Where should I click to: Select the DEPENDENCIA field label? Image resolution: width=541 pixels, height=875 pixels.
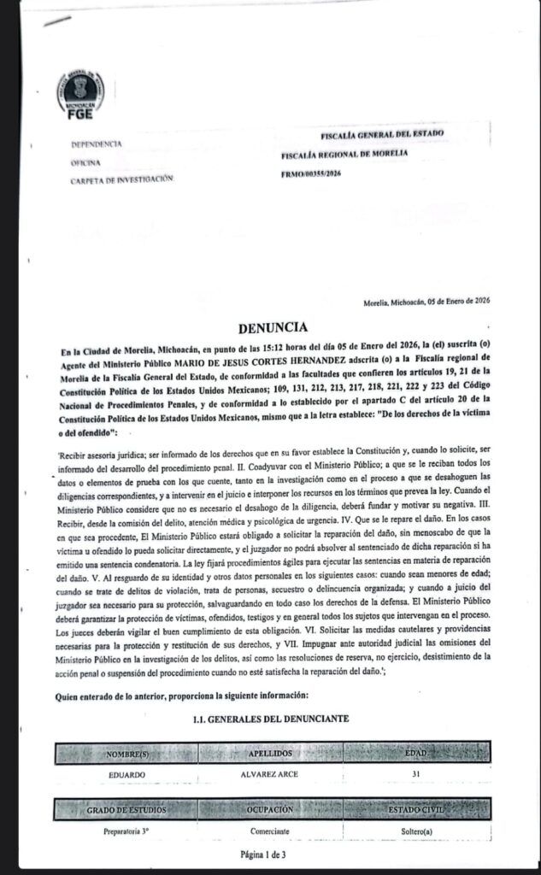(97, 144)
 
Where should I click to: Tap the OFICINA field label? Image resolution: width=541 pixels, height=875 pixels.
(86, 161)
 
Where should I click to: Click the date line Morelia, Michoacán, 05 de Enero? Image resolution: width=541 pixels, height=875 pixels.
(426, 301)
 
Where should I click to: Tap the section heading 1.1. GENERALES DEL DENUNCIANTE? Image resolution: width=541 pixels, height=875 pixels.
(270, 719)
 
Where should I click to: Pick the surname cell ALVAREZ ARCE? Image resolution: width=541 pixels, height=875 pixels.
(271, 773)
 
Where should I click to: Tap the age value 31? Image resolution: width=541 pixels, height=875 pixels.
(415, 773)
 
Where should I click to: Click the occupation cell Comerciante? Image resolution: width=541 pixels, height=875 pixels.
(271, 830)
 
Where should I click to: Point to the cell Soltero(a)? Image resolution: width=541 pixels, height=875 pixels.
(415, 830)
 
